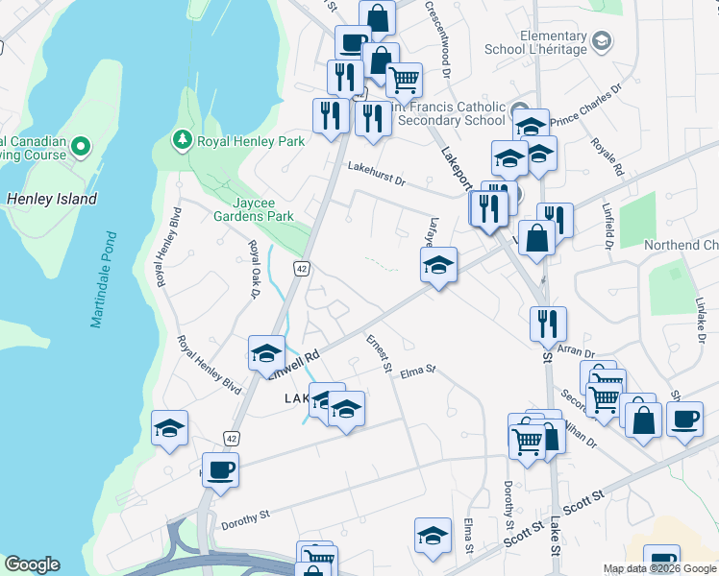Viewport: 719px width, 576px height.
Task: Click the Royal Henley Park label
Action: (251, 141)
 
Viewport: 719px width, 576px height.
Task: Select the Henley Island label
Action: (52, 199)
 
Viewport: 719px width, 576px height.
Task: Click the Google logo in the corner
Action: (32, 564)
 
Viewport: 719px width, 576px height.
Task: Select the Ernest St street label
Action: (380, 353)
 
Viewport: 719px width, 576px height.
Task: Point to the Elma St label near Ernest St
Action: (418, 370)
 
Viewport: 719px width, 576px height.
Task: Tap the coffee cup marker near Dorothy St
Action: (221, 471)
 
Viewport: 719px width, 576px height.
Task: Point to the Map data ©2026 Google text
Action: (659, 568)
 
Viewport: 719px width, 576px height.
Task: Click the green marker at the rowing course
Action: (80, 148)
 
